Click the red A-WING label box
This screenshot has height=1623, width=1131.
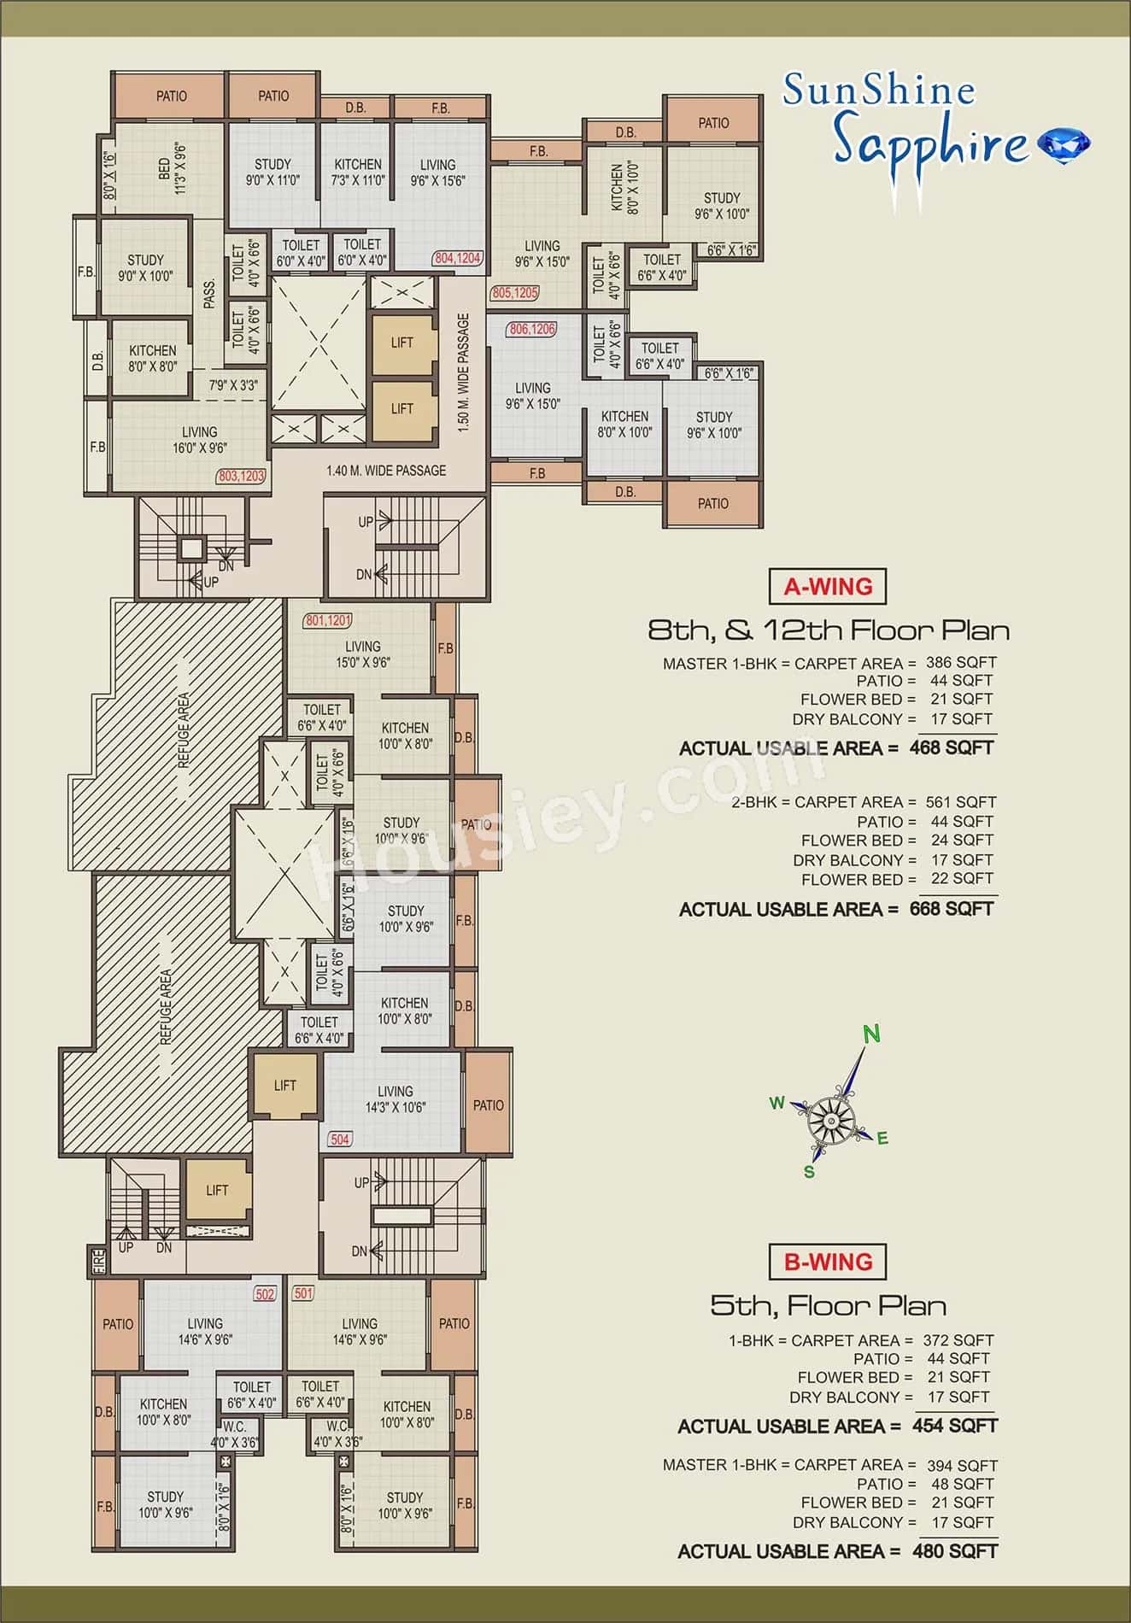(x=828, y=587)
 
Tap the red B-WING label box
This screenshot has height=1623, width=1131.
(x=828, y=1262)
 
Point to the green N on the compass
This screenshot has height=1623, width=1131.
(x=870, y=1034)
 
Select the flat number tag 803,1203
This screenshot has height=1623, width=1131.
(x=242, y=476)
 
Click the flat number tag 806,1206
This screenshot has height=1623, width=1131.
(x=531, y=329)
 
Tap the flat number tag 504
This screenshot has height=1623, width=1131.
(x=340, y=1139)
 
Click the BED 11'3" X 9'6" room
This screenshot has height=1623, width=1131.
(x=171, y=167)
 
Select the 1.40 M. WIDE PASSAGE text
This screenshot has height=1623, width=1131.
(x=386, y=470)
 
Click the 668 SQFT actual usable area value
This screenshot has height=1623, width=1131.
(x=952, y=909)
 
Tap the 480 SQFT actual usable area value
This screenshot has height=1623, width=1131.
(x=954, y=1550)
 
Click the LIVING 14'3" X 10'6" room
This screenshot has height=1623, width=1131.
(x=395, y=1099)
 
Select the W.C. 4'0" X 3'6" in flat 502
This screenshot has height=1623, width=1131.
(x=234, y=1434)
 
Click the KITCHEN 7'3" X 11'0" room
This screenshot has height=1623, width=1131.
(x=357, y=172)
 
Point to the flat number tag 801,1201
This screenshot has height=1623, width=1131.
(x=328, y=620)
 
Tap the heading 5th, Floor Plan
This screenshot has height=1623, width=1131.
(x=828, y=1305)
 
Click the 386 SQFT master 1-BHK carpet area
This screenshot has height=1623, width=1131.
(x=960, y=662)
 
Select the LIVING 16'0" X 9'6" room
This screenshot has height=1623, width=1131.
(x=199, y=439)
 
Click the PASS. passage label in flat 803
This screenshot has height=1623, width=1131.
(x=209, y=293)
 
